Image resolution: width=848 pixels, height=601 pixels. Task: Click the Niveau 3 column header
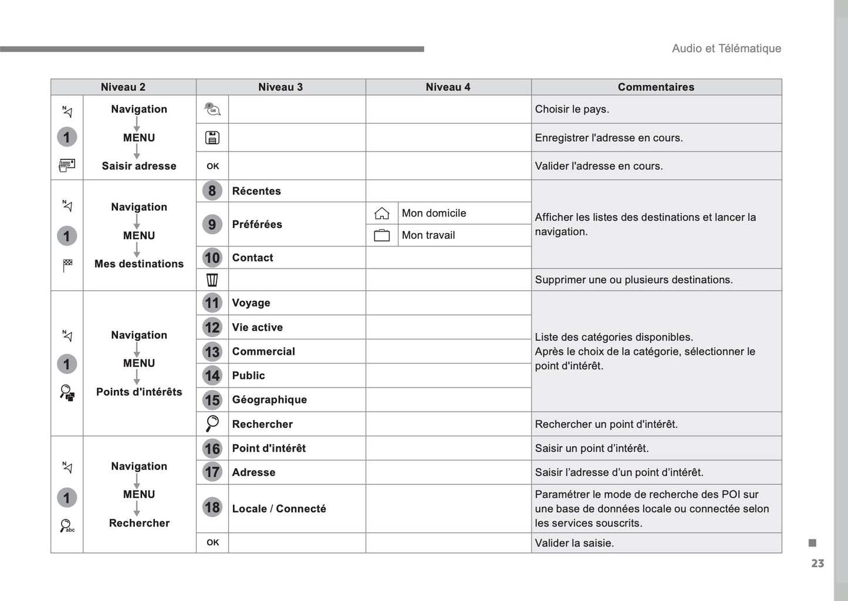point(281,87)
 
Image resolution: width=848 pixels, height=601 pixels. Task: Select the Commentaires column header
point(656,87)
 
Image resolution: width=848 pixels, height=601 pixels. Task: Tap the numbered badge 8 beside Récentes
point(212,191)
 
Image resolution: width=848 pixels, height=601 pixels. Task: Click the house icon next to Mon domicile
point(381,213)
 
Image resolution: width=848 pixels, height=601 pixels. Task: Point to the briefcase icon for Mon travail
point(381,236)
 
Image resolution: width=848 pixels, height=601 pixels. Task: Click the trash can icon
point(212,280)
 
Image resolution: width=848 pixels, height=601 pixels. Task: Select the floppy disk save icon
point(212,138)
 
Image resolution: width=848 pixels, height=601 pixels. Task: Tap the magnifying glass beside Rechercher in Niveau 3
point(212,423)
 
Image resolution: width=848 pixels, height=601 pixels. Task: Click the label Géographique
point(269,400)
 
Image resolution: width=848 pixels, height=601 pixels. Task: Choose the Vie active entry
point(257,327)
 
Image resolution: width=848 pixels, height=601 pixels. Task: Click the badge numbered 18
point(212,508)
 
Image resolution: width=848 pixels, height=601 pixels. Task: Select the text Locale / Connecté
point(279,508)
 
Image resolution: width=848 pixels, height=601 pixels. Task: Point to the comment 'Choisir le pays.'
point(572,109)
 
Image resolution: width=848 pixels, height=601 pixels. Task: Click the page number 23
point(817,563)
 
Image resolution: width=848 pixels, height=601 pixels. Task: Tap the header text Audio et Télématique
point(726,49)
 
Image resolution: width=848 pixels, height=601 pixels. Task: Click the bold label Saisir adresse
point(139,166)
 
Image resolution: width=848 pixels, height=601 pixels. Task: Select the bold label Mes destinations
point(139,264)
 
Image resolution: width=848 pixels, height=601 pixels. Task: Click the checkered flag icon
point(67,265)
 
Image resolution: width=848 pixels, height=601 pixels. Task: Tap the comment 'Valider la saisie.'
point(574,543)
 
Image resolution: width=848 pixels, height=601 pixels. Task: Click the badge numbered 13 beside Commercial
point(212,352)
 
